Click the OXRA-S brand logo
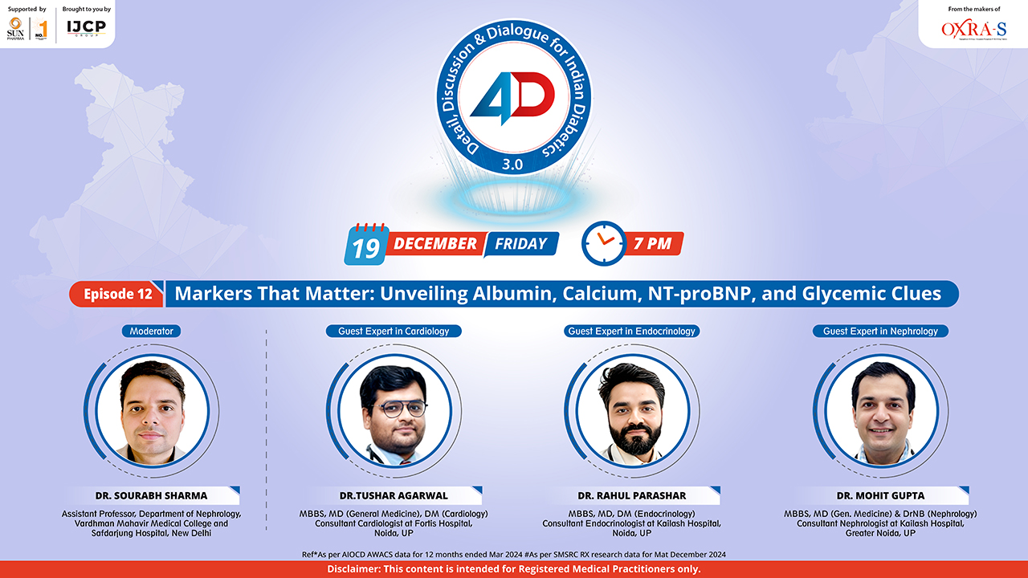click(x=973, y=30)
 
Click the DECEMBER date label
click(x=435, y=243)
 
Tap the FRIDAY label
click(x=520, y=243)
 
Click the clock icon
click(x=603, y=242)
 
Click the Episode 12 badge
click(x=117, y=294)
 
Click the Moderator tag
click(x=152, y=331)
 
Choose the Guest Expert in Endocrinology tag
click(x=631, y=331)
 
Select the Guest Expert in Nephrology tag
click(x=880, y=331)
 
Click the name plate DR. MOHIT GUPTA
click(x=881, y=495)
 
